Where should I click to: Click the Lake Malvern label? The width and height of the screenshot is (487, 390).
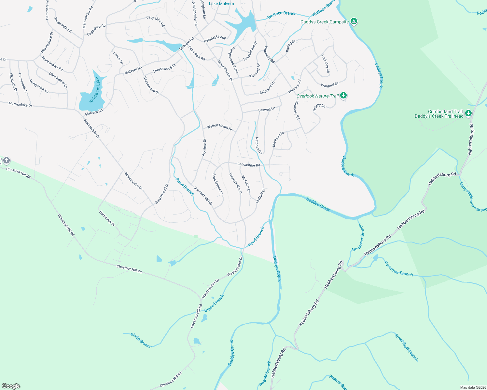pyautogui.click(x=221, y=4)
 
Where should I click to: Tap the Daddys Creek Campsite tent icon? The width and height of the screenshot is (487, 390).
pyautogui.click(x=354, y=22)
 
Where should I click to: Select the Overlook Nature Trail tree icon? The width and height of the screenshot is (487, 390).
pyautogui.click(x=343, y=96)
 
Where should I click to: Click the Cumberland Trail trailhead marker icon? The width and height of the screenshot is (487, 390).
pyautogui.click(x=468, y=113)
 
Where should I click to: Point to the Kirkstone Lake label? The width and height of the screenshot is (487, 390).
pyautogui.click(x=94, y=90)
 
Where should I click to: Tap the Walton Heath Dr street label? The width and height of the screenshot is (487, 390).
pyautogui.click(x=220, y=127)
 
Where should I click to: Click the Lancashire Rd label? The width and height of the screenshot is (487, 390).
pyautogui.click(x=249, y=165)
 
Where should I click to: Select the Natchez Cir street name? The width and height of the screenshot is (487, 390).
pyautogui.click(x=258, y=146)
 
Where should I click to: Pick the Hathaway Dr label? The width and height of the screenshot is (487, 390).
pyautogui.click(x=107, y=218)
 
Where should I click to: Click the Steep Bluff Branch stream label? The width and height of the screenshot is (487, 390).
pyautogui.click(x=406, y=347)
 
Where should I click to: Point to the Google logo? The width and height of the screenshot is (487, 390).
pyautogui.click(x=11, y=386)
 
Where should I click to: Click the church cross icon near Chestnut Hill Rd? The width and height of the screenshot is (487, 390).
pyautogui.click(x=6, y=160)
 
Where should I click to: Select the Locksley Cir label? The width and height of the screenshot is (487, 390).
pyautogui.click(x=326, y=64)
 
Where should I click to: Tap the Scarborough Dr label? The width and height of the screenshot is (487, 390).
pyautogui.click(x=203, y=196)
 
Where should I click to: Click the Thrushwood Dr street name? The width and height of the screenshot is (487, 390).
pyautogui.click(x=164, y=68)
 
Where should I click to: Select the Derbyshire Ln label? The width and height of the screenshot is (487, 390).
pyautogui.click(x=39, y=86)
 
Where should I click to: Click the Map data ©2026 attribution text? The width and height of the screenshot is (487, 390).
pyautogui.click(x=473, y=387)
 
